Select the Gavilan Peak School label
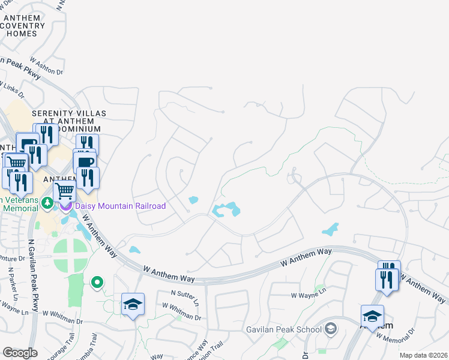pyautogui.click(x=283, y=329)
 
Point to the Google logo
pyautogui.click(x=20, y=352)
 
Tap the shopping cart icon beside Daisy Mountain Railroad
pyautogui.click(x=64, y=191)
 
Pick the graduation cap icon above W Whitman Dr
pyautogui.click(x=133, y=303)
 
